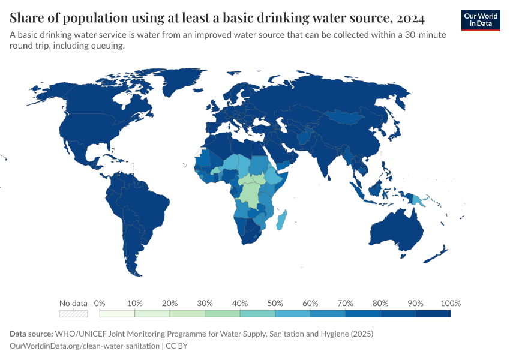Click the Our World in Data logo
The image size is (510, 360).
click(x=481, y=20)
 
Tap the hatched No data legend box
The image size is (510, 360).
click(x=73, y=313)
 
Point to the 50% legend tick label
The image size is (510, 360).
click(x=275, y=303)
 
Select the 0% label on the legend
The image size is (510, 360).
click(x=100, y=303)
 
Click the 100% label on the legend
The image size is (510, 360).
click(x=450, y=303)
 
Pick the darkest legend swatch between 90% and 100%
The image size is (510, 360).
click(x=433, y=313)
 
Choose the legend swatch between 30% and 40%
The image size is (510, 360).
click(x=222, y=313)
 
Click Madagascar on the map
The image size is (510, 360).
click(x=281, y=220)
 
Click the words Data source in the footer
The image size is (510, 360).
click(x=32, y=334)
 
